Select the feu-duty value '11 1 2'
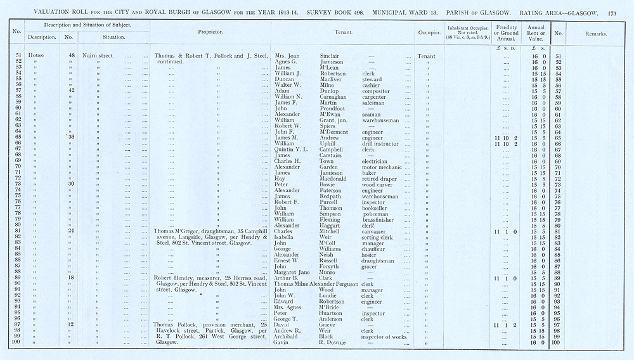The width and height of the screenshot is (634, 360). coord(505,325)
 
